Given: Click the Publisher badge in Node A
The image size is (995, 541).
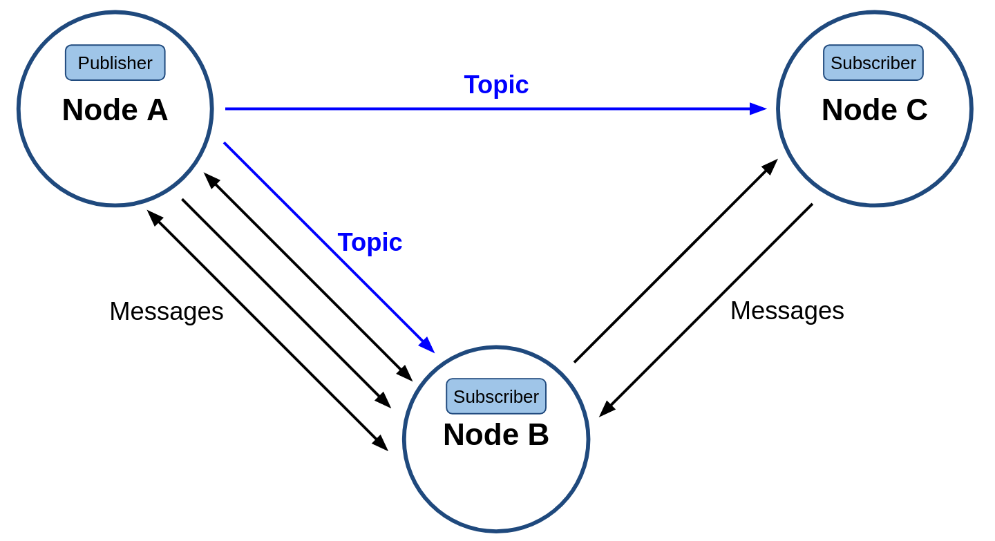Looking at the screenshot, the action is point(115,63).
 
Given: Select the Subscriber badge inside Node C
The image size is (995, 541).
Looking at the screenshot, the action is point(873,63).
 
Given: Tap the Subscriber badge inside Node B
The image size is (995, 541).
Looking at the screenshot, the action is point(495,396).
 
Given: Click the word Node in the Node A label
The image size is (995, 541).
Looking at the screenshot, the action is point(100,110).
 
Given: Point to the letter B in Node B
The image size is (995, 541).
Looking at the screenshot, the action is point(538,435).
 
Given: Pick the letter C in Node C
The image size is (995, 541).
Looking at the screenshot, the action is point(916,110).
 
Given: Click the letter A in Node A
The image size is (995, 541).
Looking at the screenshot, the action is point(158,110).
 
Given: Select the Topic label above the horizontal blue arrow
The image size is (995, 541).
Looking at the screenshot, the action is point(496,84).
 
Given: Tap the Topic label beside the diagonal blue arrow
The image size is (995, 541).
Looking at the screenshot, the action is point(370,242).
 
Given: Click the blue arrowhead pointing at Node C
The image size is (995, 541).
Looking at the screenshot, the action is point(758,109).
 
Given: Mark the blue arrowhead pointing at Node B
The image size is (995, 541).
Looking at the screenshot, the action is point(427,345).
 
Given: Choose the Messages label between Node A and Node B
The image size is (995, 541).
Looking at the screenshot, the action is point(167,312).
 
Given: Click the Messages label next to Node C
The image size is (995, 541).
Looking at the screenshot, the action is point(787,311).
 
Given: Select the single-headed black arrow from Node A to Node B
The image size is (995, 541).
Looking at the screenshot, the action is point(287,303).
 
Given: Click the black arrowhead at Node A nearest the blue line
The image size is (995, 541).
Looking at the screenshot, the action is point(211,180).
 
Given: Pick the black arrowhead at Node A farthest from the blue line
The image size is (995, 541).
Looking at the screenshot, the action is point(155,218).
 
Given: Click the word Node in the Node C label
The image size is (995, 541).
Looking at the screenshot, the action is point(859,110).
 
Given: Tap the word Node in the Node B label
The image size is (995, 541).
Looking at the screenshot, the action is point(481,435).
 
